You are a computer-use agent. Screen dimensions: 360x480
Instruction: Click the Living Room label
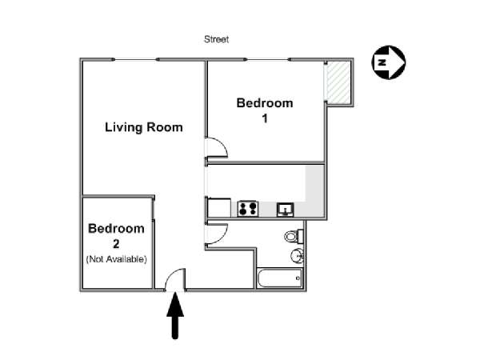144,126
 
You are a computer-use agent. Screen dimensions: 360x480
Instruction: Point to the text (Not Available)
117,258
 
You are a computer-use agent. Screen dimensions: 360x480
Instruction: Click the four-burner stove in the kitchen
247,209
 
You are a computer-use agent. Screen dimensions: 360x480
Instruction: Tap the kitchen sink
285,210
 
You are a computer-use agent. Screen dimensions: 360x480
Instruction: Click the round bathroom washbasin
297,256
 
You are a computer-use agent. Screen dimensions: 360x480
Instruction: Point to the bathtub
279,278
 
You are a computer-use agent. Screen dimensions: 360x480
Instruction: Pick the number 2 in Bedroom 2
117,243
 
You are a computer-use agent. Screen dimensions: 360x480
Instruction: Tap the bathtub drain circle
297,278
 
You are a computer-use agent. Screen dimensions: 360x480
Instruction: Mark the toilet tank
301,236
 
